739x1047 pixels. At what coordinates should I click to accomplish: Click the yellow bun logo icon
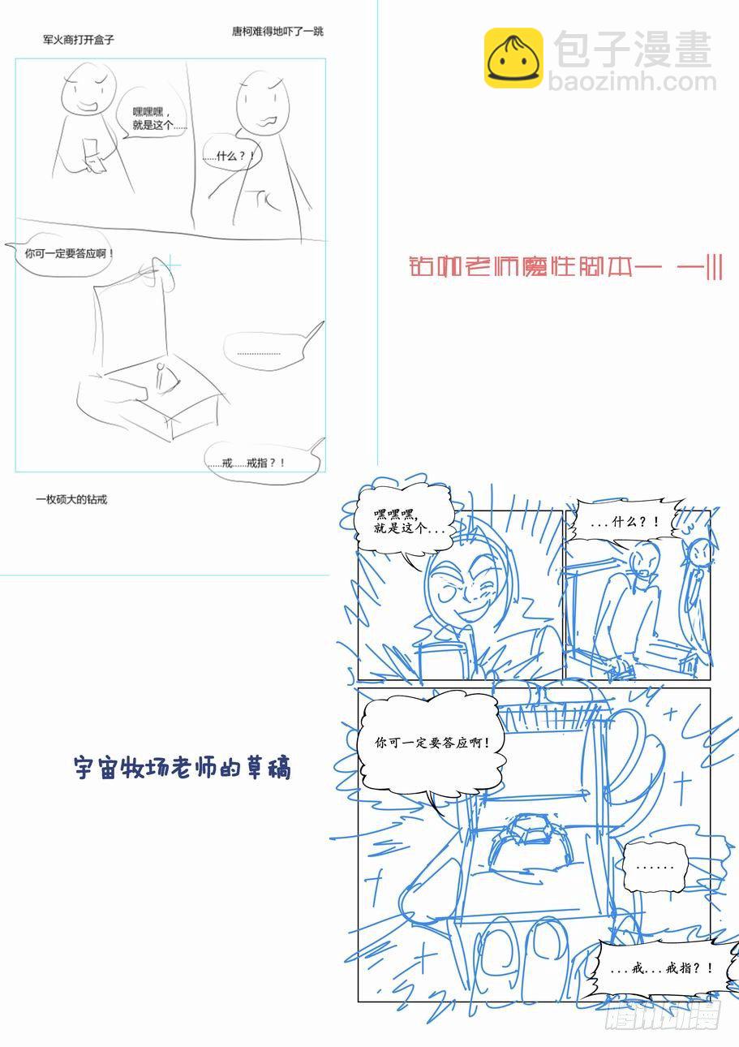(x=513, y=58)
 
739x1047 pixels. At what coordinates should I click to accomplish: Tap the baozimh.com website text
(x=633, y=83)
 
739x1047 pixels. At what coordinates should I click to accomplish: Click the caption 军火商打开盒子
(x=79, y=39)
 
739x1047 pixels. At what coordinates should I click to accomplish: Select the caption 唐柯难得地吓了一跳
(x=277, y=32)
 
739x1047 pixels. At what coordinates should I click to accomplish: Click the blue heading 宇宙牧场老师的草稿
(x=182, y=768)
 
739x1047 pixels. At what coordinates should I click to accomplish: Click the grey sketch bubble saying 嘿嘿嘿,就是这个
(x=159, y=118)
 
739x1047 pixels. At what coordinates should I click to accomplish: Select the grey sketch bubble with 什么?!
(x=231, y=156)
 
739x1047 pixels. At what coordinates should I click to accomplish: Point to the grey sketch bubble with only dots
(x=260, y=352)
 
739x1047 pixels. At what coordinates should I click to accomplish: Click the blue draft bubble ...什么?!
(x=623, y=523)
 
